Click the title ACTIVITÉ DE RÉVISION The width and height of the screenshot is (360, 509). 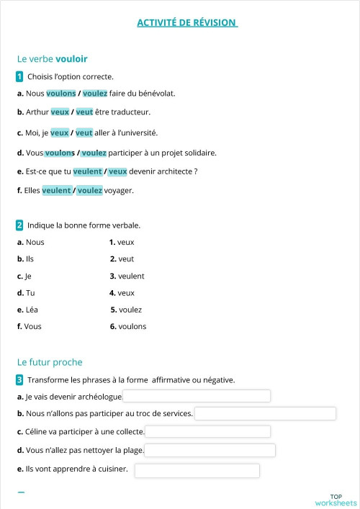pos(186,22)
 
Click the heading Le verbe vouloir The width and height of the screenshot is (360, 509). pos(53,59)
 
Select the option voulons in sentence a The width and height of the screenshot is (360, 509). pos(60,93)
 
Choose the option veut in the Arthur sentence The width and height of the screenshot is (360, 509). pos(84,112)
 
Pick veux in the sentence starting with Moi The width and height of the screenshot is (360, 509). pos(60,132)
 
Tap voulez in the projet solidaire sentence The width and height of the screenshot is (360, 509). pos(94,153)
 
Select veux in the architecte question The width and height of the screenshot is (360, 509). pos(117,171)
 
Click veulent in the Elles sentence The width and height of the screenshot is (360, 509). pos(56,190)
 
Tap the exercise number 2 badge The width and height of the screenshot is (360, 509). pos(19,225)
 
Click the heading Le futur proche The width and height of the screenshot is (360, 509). pos(50,362)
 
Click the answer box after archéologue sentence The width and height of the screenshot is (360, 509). pos(197,396)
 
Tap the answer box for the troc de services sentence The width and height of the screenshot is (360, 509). pos(265,413)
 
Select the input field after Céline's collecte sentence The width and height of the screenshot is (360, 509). pos(207,431)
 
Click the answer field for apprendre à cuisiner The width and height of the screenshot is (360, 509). pos(197,470)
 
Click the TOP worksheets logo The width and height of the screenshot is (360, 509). pos(336,499)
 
